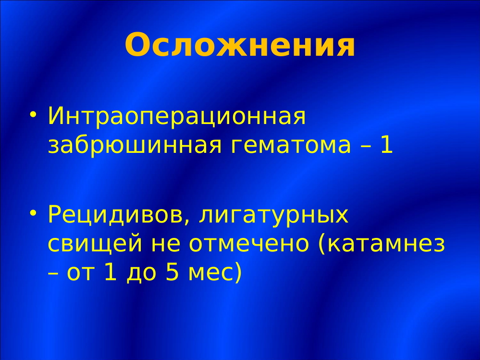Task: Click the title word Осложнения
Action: [x=240, y=45]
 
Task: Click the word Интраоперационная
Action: [x=177, y=117]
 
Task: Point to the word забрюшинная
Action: [x=135, y=145]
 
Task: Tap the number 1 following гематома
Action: [x=387, y=145]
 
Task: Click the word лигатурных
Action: [x=274, y=215]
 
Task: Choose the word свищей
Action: [x=95, y=244]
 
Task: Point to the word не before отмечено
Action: [x=165, y=244]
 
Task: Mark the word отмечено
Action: [x=249, y=244]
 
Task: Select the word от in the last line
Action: [x=81, y=273]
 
